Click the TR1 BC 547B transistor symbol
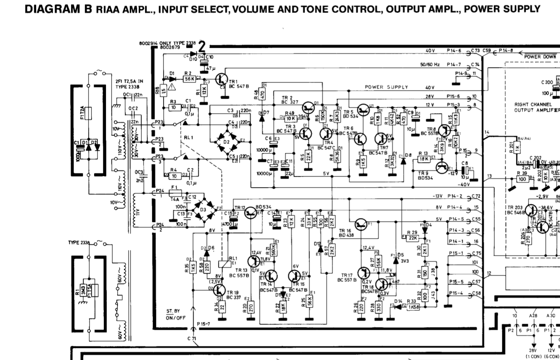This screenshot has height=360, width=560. [223, 79]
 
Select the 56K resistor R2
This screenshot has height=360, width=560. [189, 79]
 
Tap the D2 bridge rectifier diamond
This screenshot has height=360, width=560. [226, 142]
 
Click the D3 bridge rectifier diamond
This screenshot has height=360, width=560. [203, 210]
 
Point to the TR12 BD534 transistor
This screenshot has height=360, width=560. [251, 212]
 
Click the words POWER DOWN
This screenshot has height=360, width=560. [540, 57]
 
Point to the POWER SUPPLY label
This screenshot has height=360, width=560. [386, 87]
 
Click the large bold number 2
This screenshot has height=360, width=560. [202, 47]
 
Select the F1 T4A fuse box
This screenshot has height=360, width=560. [173, 193]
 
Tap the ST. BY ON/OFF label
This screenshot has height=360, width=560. [176, 314]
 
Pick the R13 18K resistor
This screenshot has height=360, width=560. [424, 159]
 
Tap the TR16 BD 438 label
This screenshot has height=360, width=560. [346, 233]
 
